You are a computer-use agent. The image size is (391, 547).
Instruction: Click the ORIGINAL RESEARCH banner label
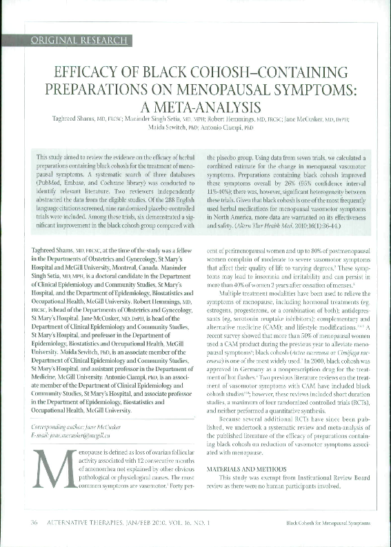pyautogui.click(x=77, y=41)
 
